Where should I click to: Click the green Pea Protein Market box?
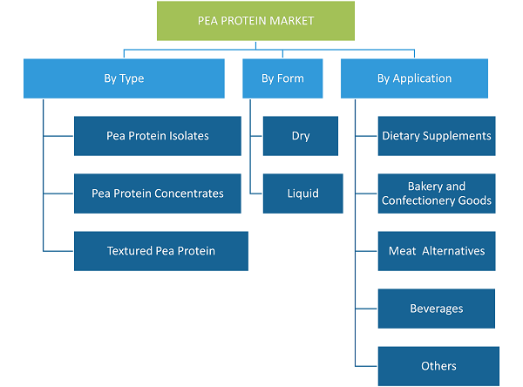255,21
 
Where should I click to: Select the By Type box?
124,78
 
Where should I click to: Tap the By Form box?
282,78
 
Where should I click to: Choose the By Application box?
414,78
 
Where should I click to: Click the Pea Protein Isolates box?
158,136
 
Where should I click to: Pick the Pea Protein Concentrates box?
158,193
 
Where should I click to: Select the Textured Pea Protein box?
161,251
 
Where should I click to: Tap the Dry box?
301,136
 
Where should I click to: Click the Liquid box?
302,193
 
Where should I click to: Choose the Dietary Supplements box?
437,136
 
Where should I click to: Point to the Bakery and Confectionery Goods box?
437,193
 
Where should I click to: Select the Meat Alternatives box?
437,251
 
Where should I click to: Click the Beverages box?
437,309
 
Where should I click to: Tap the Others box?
438,366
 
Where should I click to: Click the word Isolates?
189,136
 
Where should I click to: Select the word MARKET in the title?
291,21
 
